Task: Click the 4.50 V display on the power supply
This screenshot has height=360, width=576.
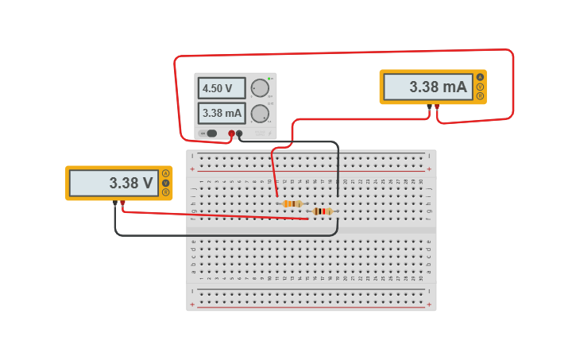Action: pyautogui.click(x=221, y=88)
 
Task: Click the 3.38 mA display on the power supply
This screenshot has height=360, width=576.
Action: pyautogui.click(x=221, y=113)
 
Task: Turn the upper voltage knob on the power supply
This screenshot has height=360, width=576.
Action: pyautogui.click(x=259, y=88)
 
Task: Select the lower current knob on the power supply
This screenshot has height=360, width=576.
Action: pyautogui.click(x=259, y=114)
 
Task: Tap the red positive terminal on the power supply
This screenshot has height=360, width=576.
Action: pyautogui.click(x=232, y=134)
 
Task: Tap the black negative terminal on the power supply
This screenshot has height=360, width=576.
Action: pyautogui.click(x=240, y=134)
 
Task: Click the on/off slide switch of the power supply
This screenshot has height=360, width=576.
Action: pyautogui.click(x=211, y=134)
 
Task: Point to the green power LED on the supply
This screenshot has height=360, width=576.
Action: pyautogui.click(x=269, y=79)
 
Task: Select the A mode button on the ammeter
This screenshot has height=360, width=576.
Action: pyautogui.click(x=480, y=78)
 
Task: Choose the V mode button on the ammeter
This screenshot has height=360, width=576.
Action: pyautogui.click(x=480, y=87)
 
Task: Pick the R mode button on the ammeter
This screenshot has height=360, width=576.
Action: pyautogui.click(x=480, y=96)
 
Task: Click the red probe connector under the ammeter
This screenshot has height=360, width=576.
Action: pyautogui.click(x=436, y=106)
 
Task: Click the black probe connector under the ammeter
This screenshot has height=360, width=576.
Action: pyautogui.click(x=429, y=106)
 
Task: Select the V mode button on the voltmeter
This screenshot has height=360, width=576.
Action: pyautogui.click(x=166, y=183)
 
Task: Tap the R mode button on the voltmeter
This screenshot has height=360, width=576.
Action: pyautogui.click(x=166, y=192)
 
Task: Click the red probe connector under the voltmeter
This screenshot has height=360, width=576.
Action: pyautogui.click(x=122, y=203)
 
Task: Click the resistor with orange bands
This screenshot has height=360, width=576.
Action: pyautogui.click(x=292, y=203)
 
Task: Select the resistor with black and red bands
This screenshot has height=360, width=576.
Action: pyautogui.click(x=322, y=211)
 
